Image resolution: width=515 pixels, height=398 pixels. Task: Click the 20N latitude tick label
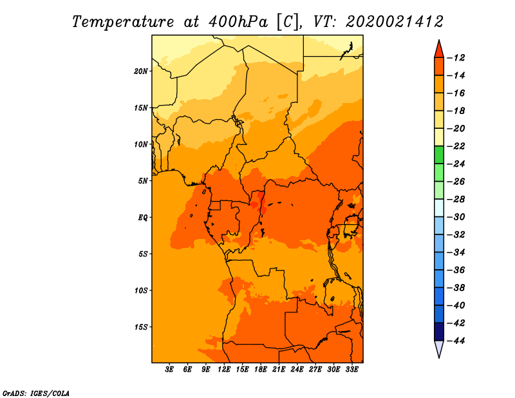[x=141, y=71]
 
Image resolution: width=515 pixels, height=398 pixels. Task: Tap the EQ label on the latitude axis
[x=143, y=218]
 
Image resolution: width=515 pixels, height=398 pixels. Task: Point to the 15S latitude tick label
[x=141, y=327]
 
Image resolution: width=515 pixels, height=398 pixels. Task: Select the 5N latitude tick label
[x=143, y=181]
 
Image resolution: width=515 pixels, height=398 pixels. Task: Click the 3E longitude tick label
[x=169, y=370]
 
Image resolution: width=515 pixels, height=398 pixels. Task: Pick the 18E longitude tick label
[x=261, y=370]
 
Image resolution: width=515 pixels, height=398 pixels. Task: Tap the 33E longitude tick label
[x=351, y=370]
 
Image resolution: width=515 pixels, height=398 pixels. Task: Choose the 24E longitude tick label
[x=297, y=370]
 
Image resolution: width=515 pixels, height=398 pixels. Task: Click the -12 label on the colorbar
[x=456, y=58]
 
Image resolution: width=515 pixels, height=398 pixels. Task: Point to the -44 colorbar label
[x=456, y=341]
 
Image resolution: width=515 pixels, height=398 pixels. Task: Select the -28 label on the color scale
[x=456, y=199]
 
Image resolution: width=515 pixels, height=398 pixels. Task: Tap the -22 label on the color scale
[x=456, y=146]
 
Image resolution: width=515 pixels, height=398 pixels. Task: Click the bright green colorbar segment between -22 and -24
[x=439, y=155]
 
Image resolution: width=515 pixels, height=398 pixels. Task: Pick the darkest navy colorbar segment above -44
[x=439, y=332]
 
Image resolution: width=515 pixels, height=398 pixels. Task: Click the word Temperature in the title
[x=123, y=22]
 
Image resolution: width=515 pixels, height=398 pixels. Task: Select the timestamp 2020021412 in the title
[x=395, y=22]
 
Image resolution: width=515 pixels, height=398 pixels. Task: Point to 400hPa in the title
[x=238, y=22]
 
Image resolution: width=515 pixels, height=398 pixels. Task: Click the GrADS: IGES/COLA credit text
[x=36, y=393]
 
